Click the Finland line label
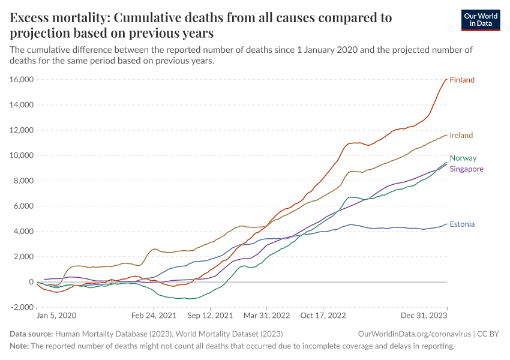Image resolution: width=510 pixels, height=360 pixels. coord(462,80)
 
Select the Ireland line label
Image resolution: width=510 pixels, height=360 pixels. coord(461,136)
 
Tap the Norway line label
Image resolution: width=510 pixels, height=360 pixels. coord(463,158)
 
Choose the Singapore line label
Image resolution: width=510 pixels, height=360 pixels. coord(466,169)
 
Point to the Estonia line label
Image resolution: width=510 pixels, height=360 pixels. coord(462,224)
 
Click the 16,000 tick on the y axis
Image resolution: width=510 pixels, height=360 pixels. coord(22,80)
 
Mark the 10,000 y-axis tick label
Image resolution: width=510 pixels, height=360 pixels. coord(22,155)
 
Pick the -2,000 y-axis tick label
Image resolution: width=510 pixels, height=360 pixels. coord(22,307)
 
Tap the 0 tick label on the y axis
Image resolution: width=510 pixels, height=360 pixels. coord(30,282)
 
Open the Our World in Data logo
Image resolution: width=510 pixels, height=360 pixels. coord(480,20)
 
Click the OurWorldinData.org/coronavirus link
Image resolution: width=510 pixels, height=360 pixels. coord(413,334)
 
